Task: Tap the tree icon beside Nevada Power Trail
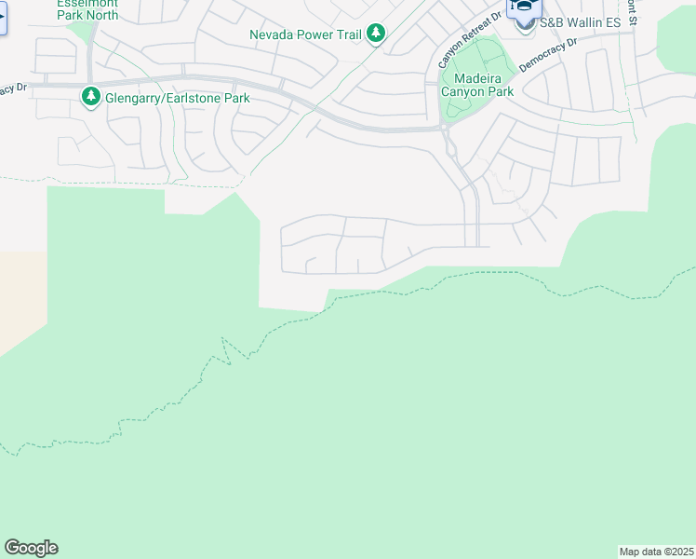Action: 375,34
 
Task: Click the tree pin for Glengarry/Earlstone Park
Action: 90,96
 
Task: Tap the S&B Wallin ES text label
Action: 581,20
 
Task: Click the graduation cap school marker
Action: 523,7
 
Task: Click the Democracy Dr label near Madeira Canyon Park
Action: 548,58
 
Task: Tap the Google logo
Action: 31,548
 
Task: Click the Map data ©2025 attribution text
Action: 656,551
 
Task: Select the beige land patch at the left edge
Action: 20,298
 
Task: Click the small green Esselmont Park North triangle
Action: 84,31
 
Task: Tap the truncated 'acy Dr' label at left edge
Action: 12,89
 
